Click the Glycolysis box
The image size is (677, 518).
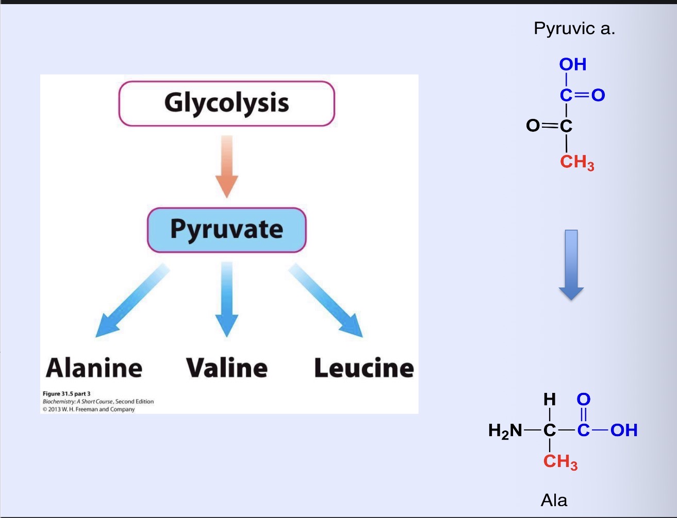pyautogui.click(x=227, y=103)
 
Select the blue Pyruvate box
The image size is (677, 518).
pyautogui.click(x=227, y=230)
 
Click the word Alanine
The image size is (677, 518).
pyautogui.click(x=94, y=368)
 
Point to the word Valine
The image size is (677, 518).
pyautogui.click(x=227, y=368)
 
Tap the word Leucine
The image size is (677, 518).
pyautogui.click(x=364, y=368)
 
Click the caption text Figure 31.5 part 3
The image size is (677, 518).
pyautogui.click(x=67, y=394)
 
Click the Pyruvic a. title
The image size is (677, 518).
pyautogui.click(x=574, y=28)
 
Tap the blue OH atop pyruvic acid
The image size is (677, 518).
pyautogui.click(x=573, y=64)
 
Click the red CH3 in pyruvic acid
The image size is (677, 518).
pyautogui.click(x=576, y=162)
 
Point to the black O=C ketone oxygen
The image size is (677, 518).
pyautogui.click(x=533, y=126)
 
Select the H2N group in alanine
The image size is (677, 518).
pyautogui.click(x=505, y=430)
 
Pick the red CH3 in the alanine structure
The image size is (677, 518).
pyautogui.click(x=560, y=461)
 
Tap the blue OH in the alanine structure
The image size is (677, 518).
pyautogui.click(x=624, y=430)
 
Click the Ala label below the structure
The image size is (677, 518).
pyautogui.click(x=554, y=500)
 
